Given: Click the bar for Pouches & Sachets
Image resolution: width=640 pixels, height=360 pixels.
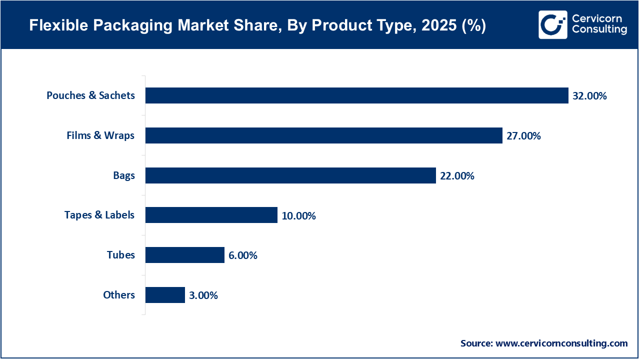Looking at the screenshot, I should pos(356,95).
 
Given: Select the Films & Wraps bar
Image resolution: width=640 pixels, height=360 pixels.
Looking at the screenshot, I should pos(323,135).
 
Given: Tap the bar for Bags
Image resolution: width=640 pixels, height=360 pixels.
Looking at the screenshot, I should pos(290,175).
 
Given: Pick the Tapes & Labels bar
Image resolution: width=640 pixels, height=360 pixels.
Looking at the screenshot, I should pos(211,215).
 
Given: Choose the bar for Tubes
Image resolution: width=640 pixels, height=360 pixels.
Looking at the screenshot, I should pos(184,255).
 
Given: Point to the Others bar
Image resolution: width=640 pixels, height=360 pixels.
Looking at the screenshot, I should pos(165,295).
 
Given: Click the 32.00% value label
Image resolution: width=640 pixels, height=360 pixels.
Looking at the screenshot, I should pos(589,96).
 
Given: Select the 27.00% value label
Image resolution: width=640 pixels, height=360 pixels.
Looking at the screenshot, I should pos(523,136).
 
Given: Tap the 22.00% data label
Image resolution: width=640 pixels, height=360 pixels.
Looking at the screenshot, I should pos(457,176).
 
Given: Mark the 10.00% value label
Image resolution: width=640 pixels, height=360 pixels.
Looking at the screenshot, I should pos(298,216).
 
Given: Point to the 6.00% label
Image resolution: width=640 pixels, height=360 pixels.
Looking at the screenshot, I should pos(242,255).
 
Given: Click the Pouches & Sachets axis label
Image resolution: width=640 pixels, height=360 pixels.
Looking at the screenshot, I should pos(90,95).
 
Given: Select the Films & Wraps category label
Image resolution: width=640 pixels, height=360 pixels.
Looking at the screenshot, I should pos(100,135).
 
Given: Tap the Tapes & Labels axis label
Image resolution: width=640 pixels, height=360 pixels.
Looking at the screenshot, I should pos(99,215).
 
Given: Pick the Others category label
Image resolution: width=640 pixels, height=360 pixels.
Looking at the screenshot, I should pos(119,295).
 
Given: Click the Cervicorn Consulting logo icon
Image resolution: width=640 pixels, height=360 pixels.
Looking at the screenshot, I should pos(552,24).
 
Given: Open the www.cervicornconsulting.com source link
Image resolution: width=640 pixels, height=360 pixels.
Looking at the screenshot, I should pos(561,343).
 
